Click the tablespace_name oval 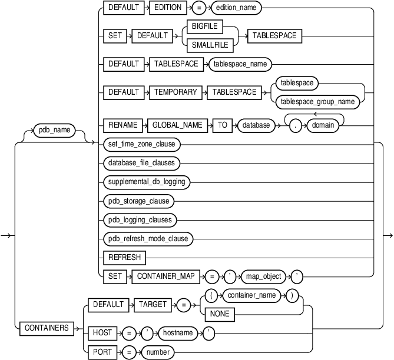[240, 64]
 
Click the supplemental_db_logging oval [145, 181]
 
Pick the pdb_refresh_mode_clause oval [148, 239]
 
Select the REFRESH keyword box [122, 258]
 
